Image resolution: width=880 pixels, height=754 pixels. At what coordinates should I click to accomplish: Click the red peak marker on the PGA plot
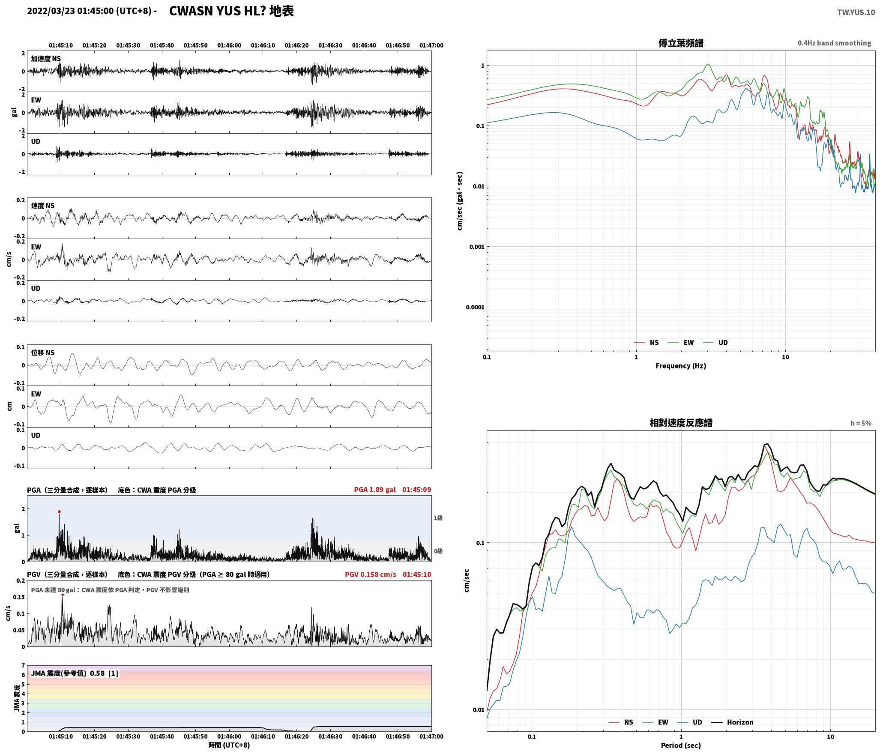[x=59, y=512]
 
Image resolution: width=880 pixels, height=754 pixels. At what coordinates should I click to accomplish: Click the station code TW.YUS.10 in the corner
[x=856, y=12]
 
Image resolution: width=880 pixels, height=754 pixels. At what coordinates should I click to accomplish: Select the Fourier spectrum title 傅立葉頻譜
[x=681, y=43]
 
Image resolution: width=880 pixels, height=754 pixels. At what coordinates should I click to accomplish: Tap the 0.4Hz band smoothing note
[x=834, y=43]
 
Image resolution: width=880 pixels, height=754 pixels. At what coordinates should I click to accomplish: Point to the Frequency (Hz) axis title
[x=681, y=365]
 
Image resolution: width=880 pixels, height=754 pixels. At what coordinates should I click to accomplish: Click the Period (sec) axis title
[x=681, y=745]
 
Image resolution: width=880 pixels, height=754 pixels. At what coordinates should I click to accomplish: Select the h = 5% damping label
[x=861, y=423]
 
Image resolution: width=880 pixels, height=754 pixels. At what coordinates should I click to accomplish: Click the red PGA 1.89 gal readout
[x=375, y=490]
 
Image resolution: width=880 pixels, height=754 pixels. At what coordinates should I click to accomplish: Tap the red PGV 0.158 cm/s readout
[x=371, y=574]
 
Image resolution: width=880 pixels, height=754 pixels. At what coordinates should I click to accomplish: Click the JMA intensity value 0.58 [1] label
[x=104, y=673]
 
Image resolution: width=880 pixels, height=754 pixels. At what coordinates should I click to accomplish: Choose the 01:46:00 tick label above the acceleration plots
[x=229, y=45]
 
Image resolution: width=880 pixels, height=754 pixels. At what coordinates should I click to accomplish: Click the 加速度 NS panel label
[x=46, y=59]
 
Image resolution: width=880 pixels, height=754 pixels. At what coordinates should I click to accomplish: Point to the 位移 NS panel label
[x=43, y=353]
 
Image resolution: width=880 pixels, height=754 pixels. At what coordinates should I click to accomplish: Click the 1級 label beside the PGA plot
[x=438, y=518]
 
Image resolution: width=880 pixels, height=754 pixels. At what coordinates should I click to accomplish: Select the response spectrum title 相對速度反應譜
[x=681, y=423]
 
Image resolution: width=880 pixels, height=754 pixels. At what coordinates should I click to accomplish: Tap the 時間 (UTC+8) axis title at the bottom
[x=229, y=745]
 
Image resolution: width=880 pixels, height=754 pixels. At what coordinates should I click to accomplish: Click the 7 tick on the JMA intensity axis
[x=23, y=665]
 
